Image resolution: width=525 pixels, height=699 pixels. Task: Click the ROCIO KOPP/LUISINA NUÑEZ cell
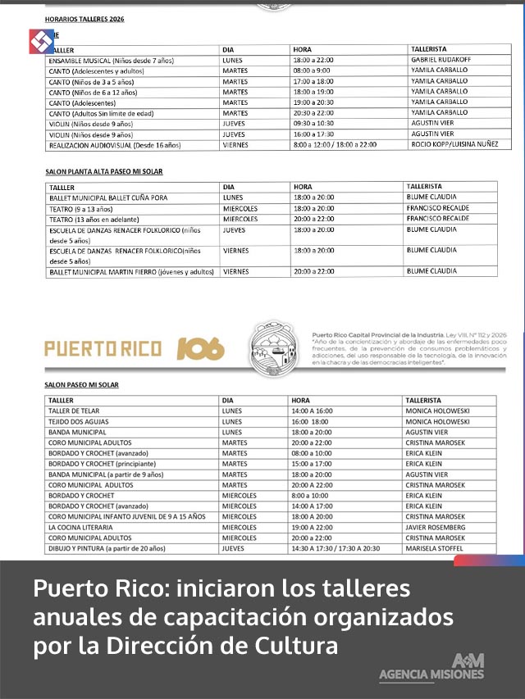point(453,144)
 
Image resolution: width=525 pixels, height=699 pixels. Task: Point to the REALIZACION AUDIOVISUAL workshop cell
point(115,145)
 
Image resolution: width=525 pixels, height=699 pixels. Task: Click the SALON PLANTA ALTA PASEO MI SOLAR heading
point(103,172)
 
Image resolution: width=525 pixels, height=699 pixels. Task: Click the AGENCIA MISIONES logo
point(432,668)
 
